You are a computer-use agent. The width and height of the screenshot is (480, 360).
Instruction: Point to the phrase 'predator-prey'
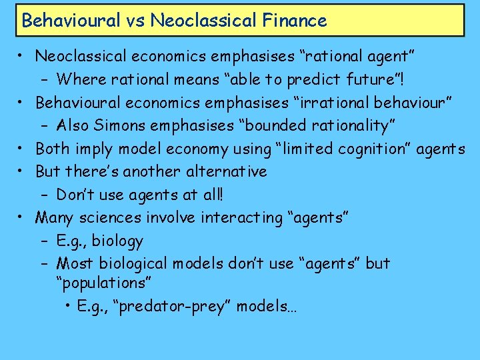click(174, 306)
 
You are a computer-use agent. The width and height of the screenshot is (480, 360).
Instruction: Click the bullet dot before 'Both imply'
click(23, 148)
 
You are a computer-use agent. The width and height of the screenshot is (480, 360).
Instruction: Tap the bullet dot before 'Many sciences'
click(23, 217)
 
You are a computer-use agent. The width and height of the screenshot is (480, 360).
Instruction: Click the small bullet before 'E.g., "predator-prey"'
click(69, 307)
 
